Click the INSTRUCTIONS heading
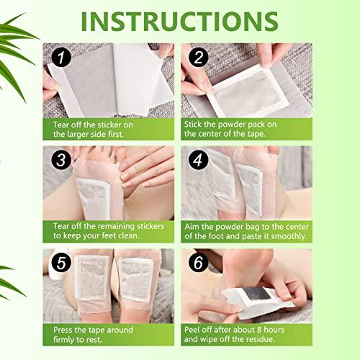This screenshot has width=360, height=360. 180,21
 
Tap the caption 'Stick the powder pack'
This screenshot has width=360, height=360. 245,127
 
